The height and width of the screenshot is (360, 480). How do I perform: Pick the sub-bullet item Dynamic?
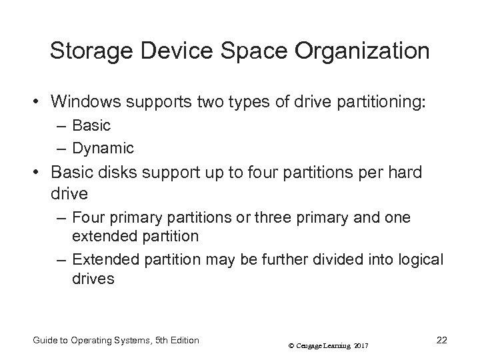[103, 147]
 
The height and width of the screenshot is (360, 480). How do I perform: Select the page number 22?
[441, 340]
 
